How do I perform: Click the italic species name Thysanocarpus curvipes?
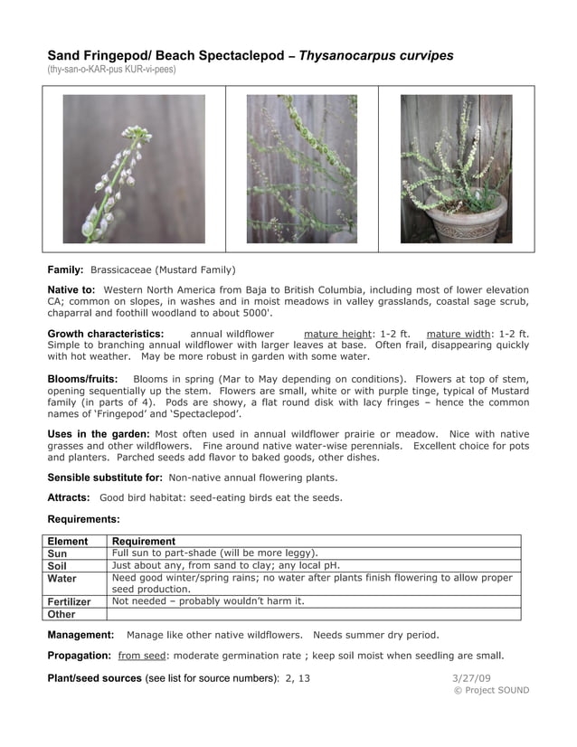376,55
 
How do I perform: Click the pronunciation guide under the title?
111,70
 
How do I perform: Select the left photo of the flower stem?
134,169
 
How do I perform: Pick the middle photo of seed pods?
301,169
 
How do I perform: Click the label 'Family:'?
66,269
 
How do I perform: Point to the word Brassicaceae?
121,269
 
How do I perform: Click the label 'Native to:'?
71,289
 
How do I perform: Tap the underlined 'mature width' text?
458,334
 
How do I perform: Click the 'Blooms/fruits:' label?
83,378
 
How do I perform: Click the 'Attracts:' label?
69,497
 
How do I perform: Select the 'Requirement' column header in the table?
144,541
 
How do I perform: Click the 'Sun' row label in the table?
57,553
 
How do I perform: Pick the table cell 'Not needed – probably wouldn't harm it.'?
208,600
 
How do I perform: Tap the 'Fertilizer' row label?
70,601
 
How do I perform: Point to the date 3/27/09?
471,677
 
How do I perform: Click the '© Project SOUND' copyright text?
491,690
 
